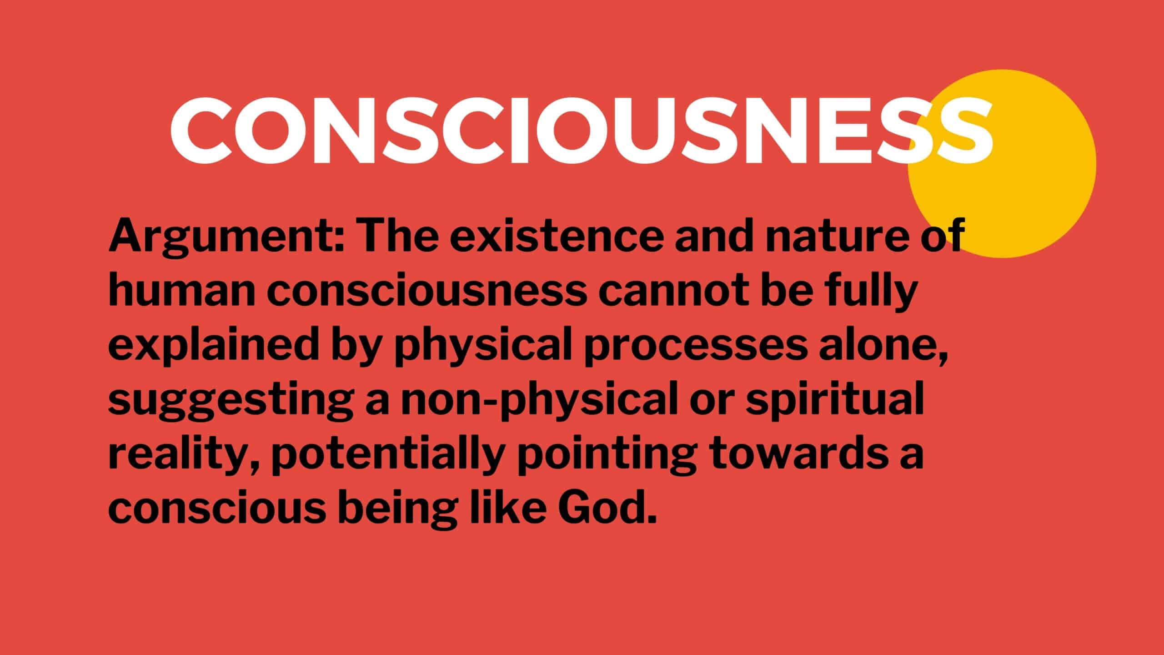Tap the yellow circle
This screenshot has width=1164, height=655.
pyautogui.click(x=1002, y=164)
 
